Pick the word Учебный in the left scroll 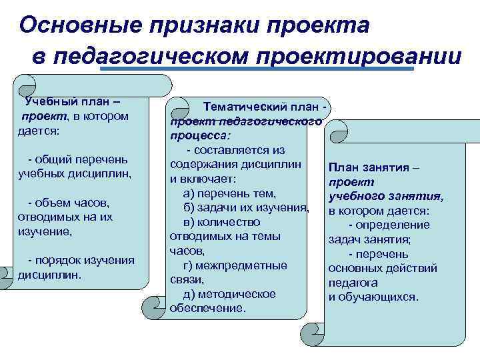coord(47,102)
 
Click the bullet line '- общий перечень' coord(77,160)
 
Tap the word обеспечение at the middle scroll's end coord(207,309)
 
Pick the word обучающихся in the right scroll coord(383,297)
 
